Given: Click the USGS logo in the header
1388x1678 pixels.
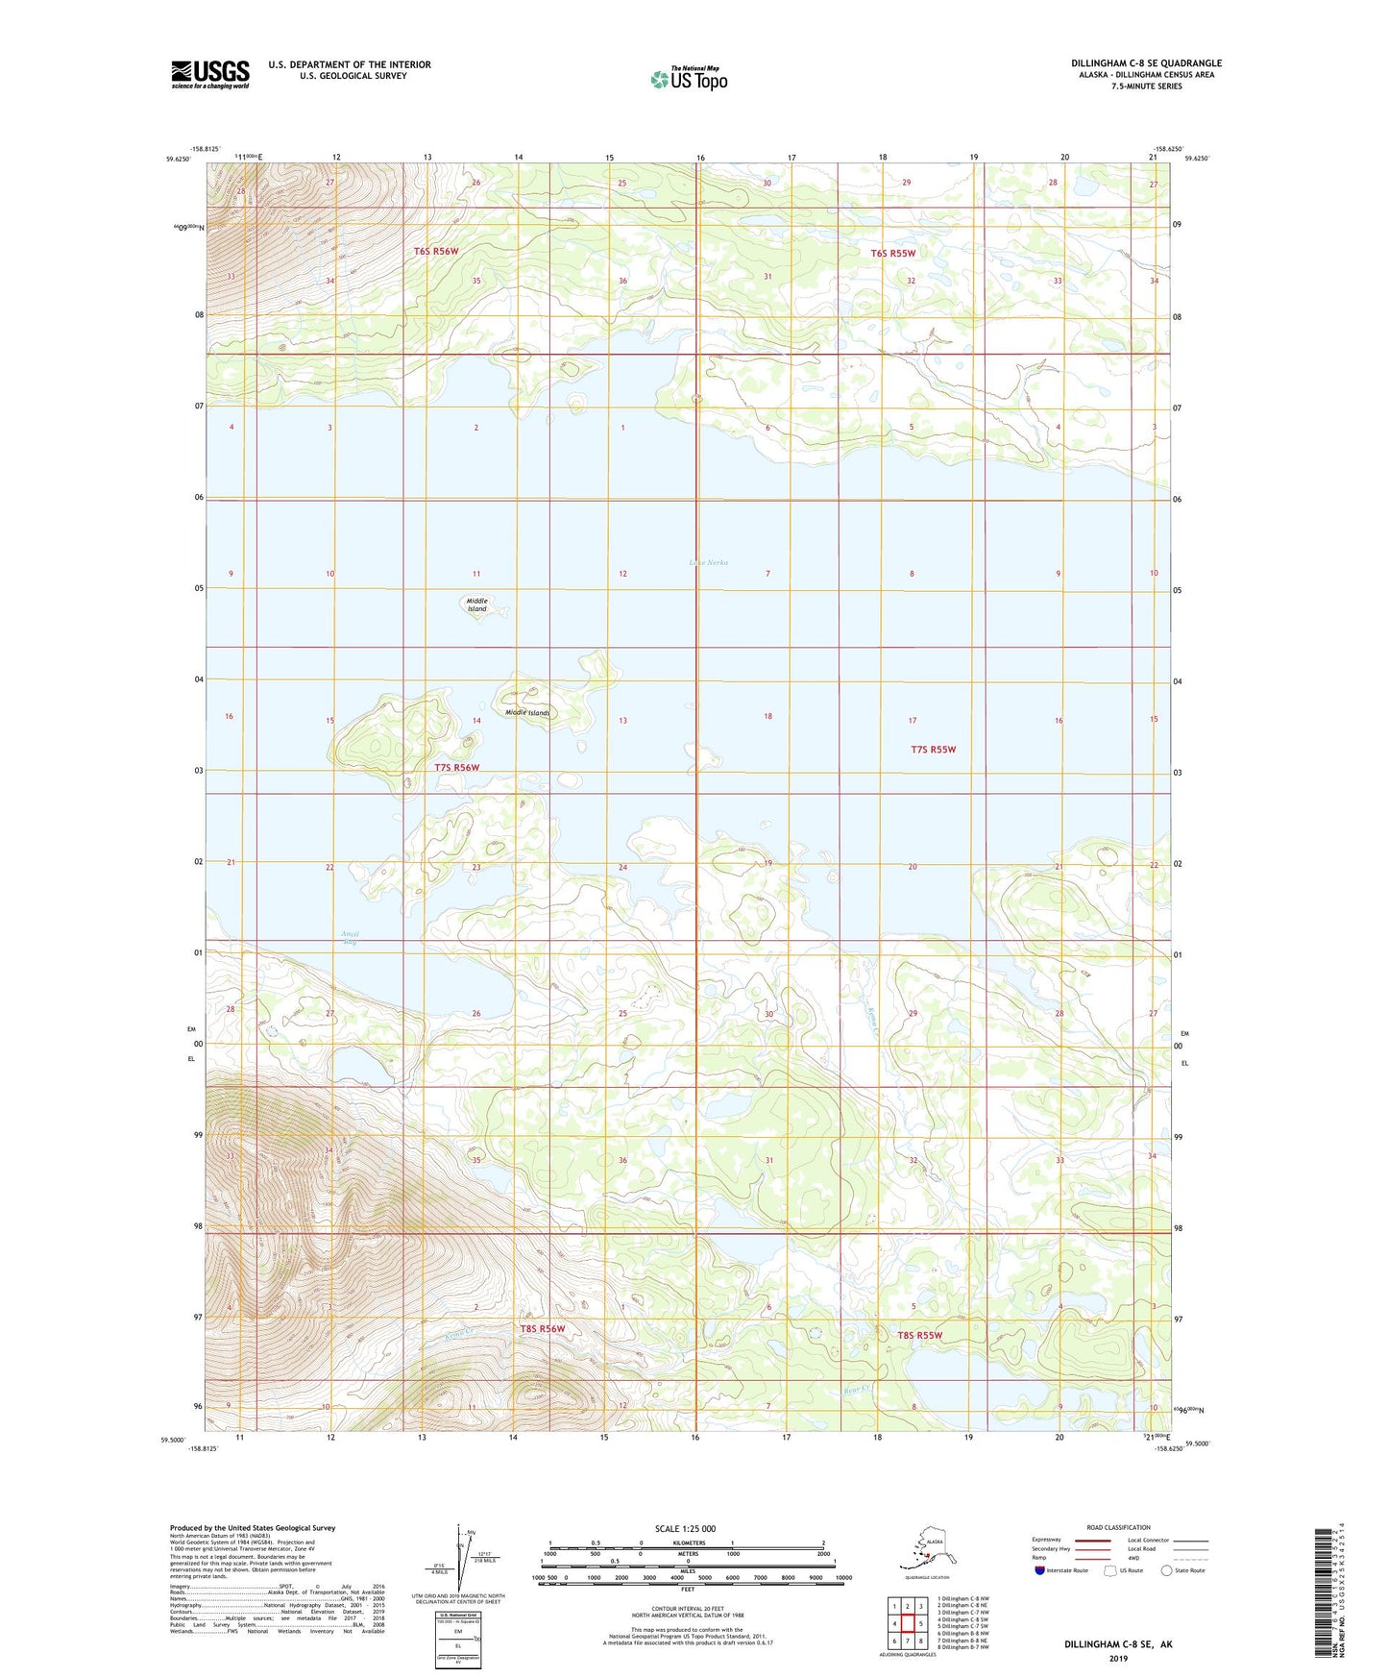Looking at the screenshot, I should click(209, 74).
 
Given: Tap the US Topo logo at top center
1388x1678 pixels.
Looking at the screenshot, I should click(689, 78).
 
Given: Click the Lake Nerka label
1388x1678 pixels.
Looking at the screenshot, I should click(709, 562).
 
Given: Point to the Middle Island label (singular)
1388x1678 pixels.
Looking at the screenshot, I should click(477, 605).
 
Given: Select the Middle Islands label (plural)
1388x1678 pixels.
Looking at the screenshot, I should click(527, 712).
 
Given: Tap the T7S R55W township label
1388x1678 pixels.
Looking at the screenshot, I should click(933, 749).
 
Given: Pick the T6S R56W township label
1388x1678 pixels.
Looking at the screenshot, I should click(436, 251).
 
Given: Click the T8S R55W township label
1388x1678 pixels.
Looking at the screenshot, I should click(919, 1335).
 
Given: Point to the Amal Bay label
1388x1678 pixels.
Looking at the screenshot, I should click(351, 938).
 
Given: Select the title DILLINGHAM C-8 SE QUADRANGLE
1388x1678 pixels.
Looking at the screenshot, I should click(1146, 63).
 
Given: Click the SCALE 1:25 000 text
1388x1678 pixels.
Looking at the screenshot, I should click(685, 1528).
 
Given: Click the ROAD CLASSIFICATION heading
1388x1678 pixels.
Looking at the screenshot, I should click(1118, 1527).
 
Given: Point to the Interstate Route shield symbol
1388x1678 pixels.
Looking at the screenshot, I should click(1039, 1570).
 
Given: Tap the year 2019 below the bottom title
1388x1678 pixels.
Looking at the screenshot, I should click(1118, 1658).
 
